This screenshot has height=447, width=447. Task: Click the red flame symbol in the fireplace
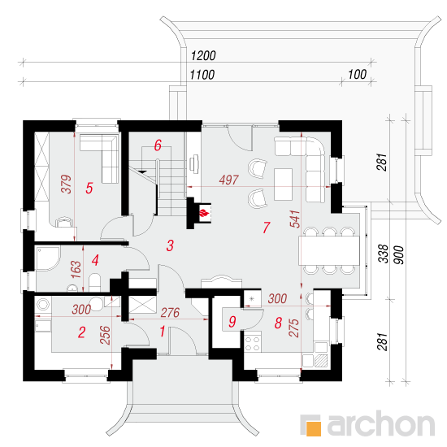[x=204, y=213]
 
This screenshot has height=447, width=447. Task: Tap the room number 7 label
[x=267, y=228]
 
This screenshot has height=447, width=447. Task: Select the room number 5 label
[x=89, y=189]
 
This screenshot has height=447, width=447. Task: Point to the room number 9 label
[x=232, y=322]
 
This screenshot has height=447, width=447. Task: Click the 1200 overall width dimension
[x=203, y=55]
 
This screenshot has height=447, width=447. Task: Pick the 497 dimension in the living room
[x=229, y=180]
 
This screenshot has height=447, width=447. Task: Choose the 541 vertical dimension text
[x=295, y=219]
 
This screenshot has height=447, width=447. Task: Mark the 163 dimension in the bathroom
[x=76, y=269]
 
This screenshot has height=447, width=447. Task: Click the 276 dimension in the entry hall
[x=170, y=313]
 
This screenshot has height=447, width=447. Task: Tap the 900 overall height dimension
[x=399, y=255]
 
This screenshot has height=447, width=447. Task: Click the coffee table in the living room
[x=283, y=184]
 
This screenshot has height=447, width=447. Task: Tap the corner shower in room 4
[x=47, y=258]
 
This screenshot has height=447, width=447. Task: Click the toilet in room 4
[x=94, y=283]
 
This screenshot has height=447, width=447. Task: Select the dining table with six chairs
[x=329, y=250]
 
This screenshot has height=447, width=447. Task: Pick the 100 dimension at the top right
[x=358, y=75]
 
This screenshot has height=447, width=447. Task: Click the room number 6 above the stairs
[x=158, y=145]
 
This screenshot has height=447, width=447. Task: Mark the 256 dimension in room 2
[x=105, y=335]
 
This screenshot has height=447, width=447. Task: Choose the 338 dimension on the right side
[x=383, y=254]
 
